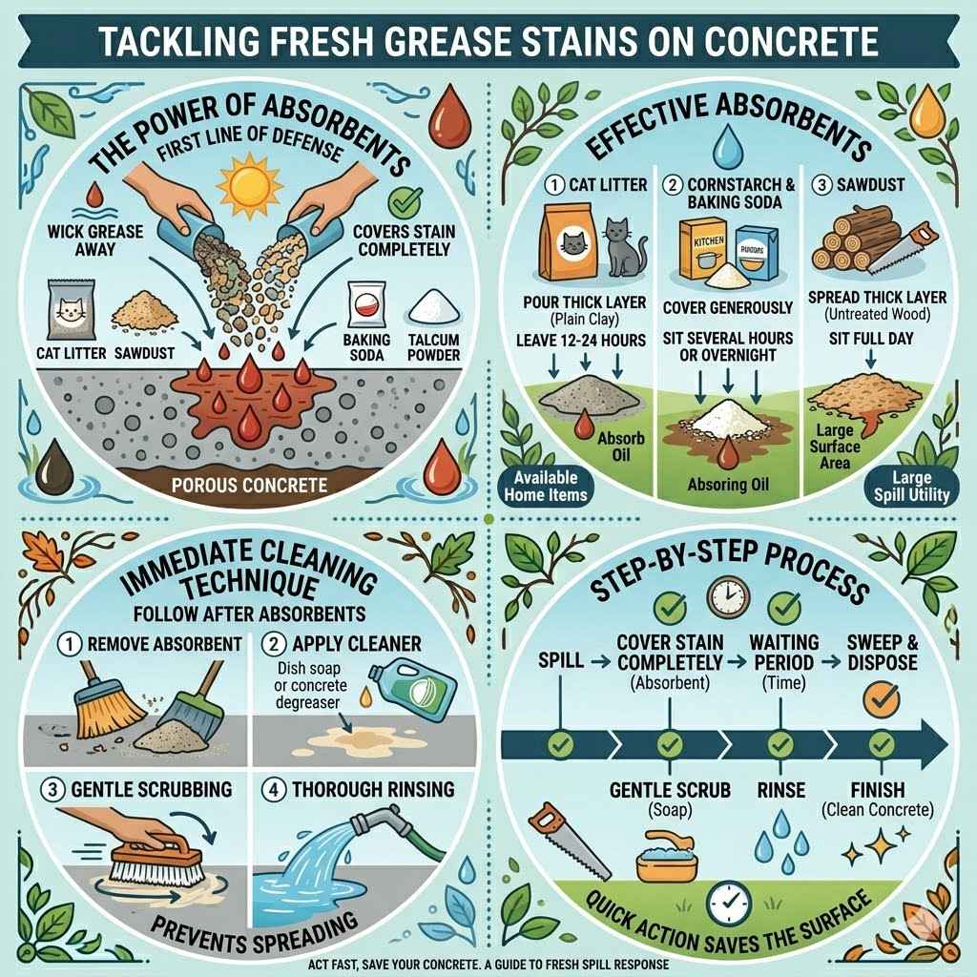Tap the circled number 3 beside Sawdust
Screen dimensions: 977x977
coord(821,183)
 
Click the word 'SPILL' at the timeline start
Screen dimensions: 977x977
coord(558,660)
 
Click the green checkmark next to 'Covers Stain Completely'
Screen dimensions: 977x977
coord(405,200)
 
